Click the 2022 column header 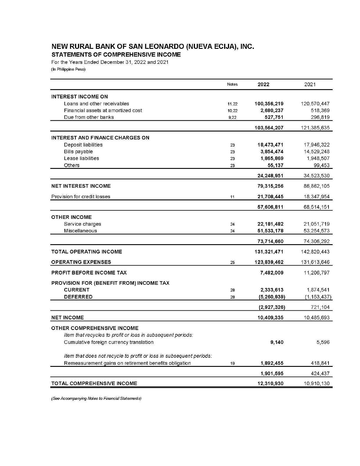point(263,84)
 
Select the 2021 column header point(310,84)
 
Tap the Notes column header point(232,84)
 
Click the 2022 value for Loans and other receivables point(269,104)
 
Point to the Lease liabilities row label point(81,158)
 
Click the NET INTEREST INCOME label point(81,186)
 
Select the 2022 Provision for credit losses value point(270,197)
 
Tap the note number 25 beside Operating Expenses point(232,262)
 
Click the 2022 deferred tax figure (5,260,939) point(271,297)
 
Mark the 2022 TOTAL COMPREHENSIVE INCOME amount point(270,383)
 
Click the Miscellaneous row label point(80,231)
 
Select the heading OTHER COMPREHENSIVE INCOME point(95,328)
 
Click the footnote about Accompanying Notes point(96,398)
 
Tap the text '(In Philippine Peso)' point(68,69)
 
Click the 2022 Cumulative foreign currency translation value point(277,342)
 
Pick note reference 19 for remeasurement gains point(232,363)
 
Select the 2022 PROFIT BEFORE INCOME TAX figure point(272,273)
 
